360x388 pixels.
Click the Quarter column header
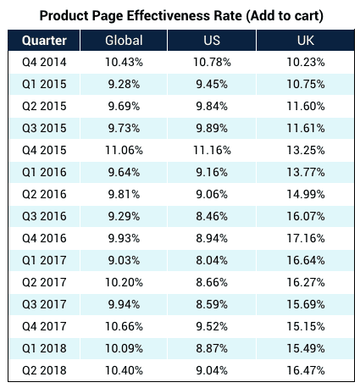point(44,41)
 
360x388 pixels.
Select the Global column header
point(124,41)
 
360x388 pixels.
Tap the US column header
point(212,41)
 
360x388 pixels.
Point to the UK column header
point(306,41)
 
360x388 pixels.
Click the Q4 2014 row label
point(44,62)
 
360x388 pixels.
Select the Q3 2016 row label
point(44,216)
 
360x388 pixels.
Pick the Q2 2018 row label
point(44,370)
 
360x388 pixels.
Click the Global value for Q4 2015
point(124,150)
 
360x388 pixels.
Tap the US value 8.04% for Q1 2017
point(212,260)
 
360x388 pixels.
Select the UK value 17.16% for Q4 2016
point(306,238)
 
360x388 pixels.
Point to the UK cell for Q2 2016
point(306,194)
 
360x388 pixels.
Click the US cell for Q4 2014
point(212,62)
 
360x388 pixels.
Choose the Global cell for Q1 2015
point(124,84)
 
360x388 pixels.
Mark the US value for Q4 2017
point(212,326)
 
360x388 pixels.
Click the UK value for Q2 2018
point(306,370)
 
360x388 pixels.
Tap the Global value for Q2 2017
point(124,282)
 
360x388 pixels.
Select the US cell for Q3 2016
point(212,216)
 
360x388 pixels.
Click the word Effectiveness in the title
point(184,15)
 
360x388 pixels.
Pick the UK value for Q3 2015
point(306,128)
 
